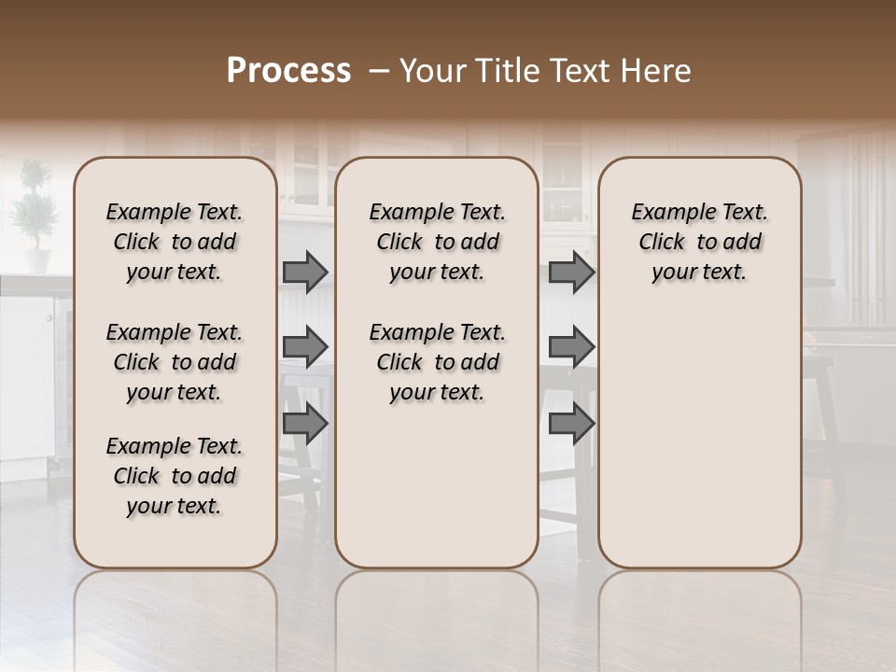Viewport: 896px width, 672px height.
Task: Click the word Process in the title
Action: [288, 71]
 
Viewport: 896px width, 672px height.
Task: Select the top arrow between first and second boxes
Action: [305, 273]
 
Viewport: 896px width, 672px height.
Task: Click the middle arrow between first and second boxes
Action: [305, 347]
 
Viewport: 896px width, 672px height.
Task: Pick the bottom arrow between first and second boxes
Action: [305, 424]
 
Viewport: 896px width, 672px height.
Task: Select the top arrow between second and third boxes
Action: [571, 273]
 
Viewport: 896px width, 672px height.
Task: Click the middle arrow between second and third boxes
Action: [571, 347]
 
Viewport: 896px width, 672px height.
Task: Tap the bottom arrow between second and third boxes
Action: [571, 424]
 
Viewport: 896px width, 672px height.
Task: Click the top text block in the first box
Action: [175, 242]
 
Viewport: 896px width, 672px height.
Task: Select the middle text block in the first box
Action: [175, 362]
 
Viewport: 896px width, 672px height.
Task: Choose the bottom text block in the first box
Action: [175, 476]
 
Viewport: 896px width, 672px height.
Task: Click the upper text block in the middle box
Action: [437, 242]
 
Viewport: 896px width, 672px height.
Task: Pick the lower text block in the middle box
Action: [437, 362]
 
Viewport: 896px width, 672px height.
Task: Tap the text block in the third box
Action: [700, 242]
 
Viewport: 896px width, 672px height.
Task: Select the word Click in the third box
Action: [662, 243]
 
